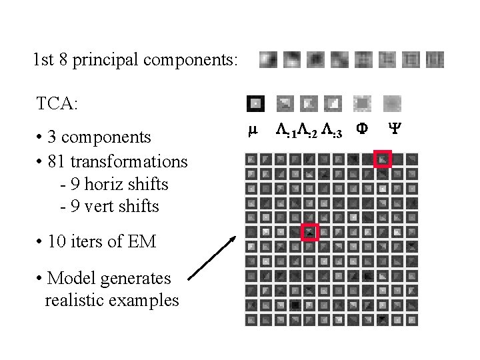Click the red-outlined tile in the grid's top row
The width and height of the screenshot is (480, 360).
[x=383, y=159]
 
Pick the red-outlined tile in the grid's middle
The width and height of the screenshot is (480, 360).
[x=310, y=232]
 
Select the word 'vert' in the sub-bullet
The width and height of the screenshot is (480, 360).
[x=110, y=207]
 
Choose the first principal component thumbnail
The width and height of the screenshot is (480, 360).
[x=268, y=60]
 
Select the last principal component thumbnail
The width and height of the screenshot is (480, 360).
[x=435, y=60]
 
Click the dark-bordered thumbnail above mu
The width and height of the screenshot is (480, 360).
[x=255, y=103]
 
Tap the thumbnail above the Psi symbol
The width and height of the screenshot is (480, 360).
[x=393, y=103]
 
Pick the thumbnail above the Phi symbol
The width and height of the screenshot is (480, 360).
[x=362, y=103]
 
